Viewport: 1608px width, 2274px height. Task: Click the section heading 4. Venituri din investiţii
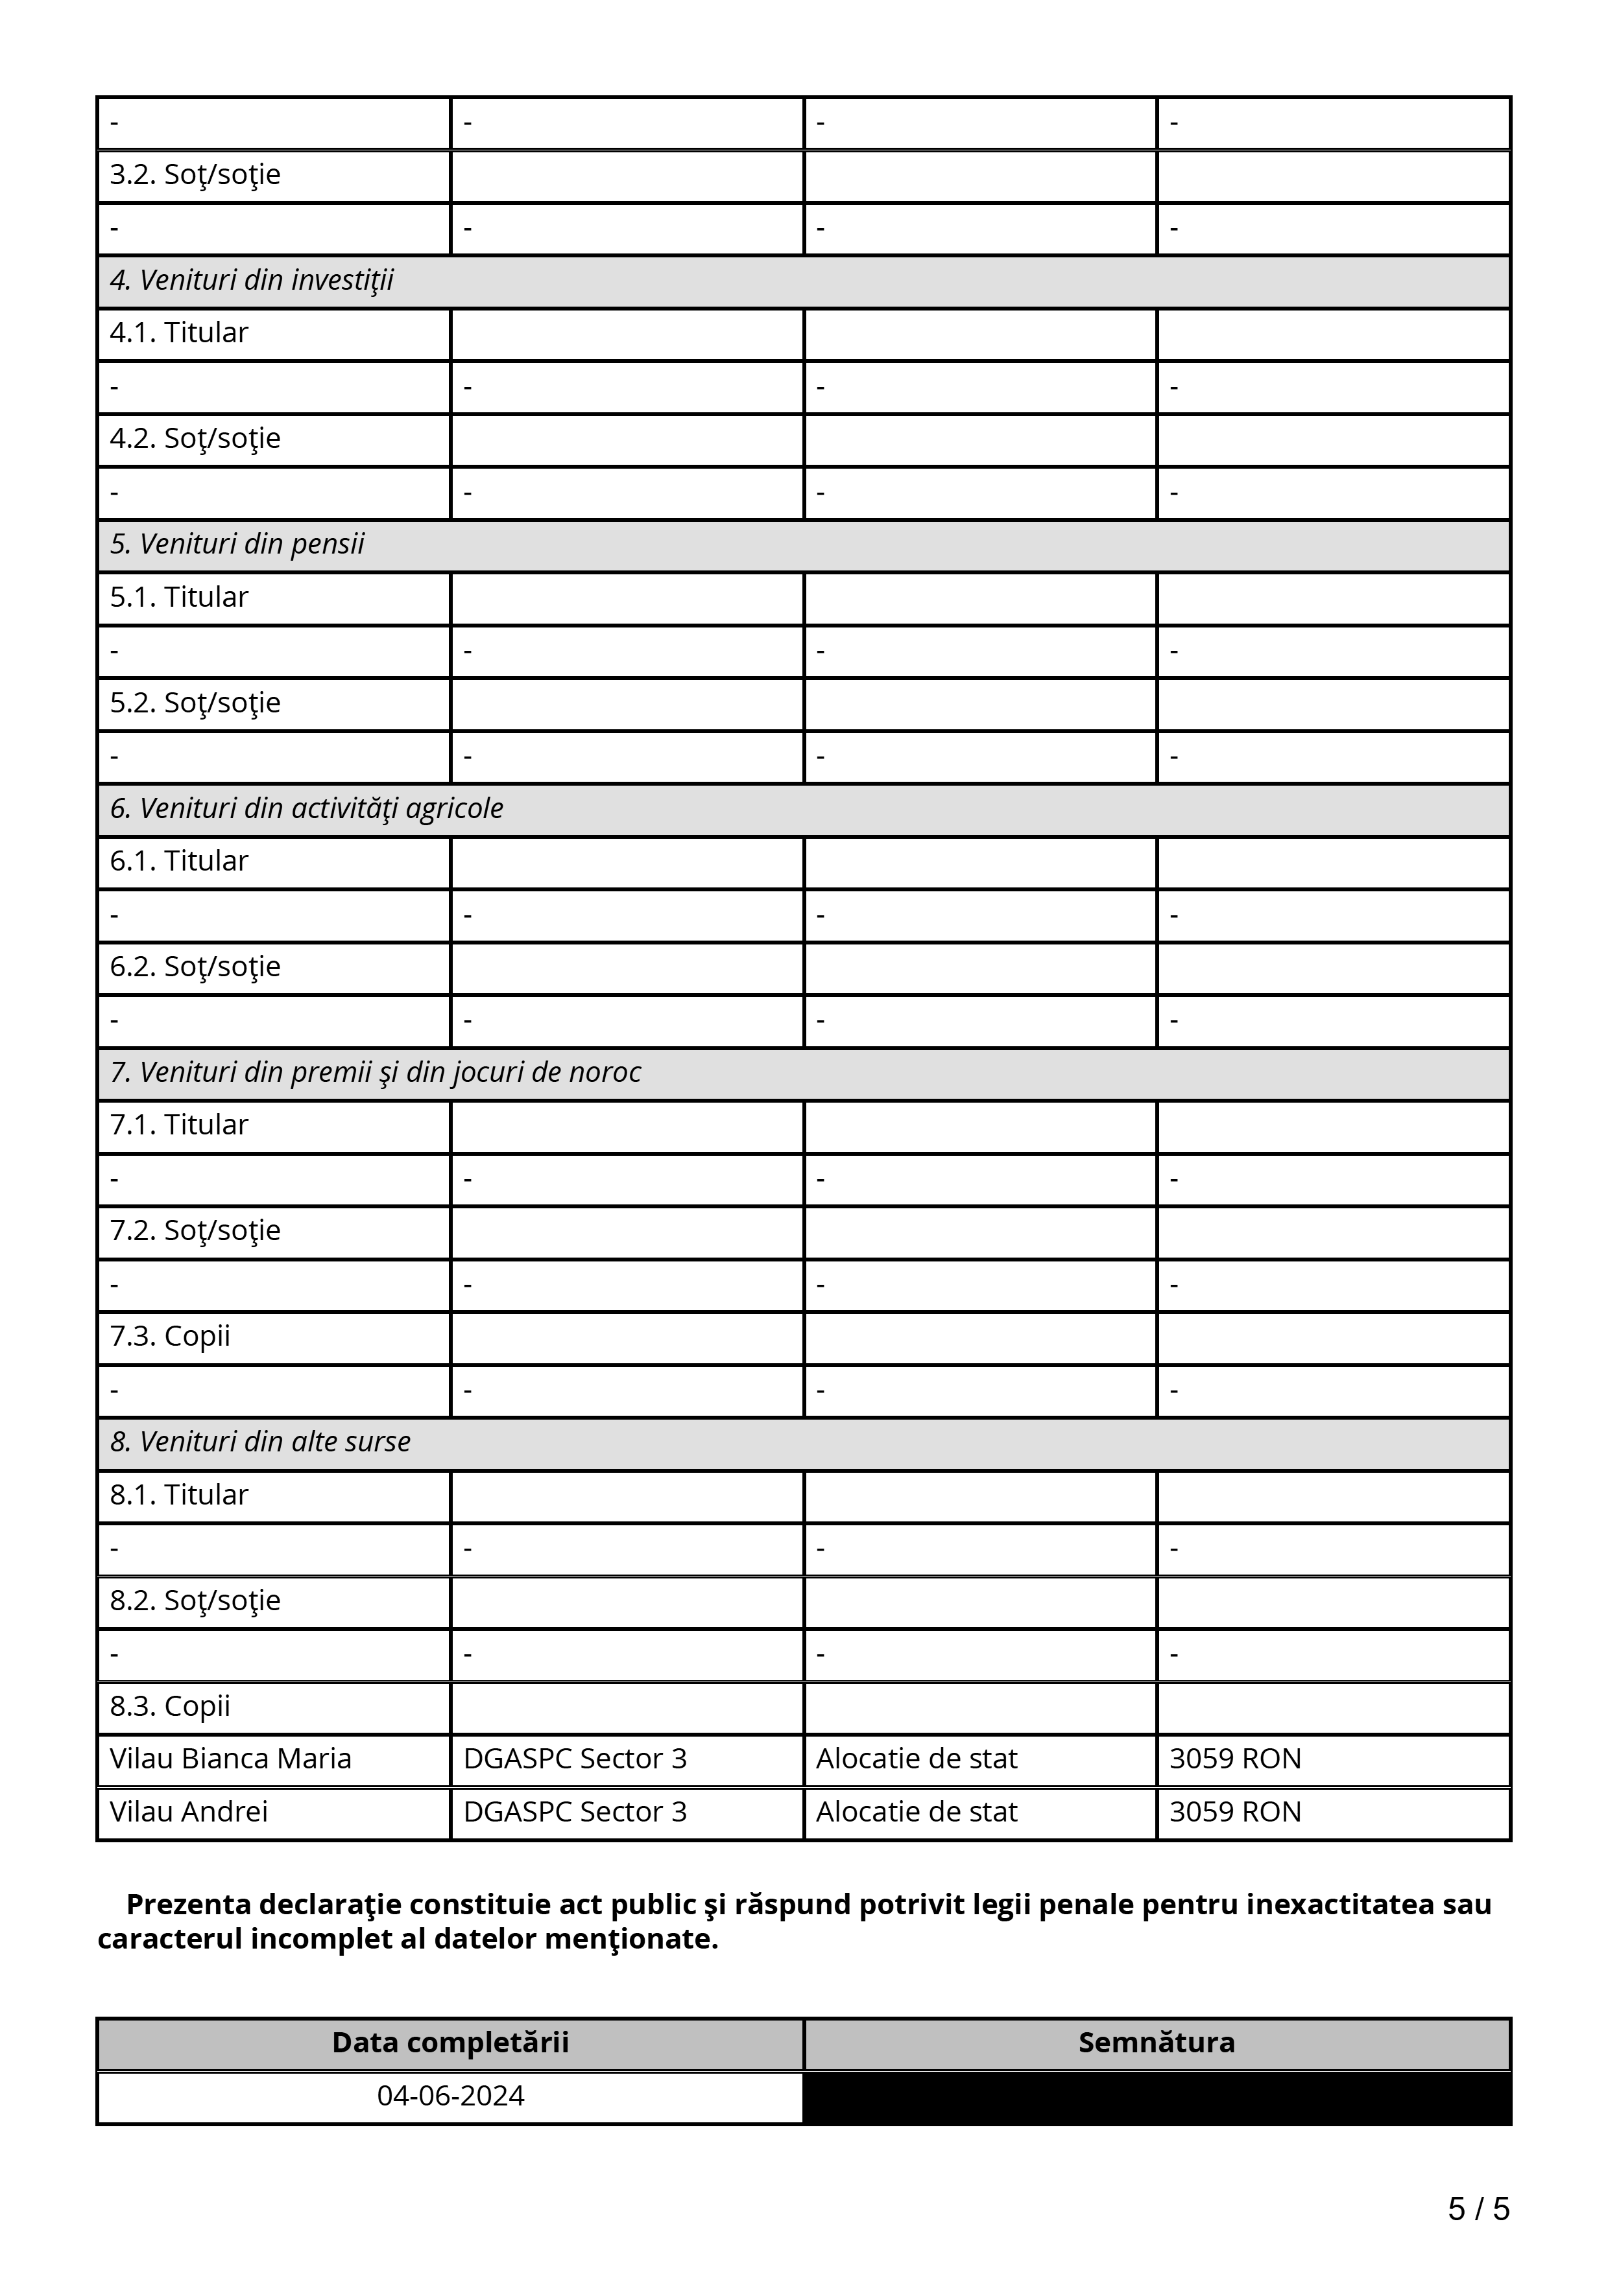coord(252,281)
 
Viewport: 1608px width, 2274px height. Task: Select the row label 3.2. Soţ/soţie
coord(195,175)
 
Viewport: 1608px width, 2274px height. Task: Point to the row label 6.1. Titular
coord(179,862)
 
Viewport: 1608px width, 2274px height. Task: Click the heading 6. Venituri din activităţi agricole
coord(306,809)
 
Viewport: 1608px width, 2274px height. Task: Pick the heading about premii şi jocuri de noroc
coord(376,1073)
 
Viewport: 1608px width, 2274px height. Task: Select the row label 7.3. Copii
coord(171,1337)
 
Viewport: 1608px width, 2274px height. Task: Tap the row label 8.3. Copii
coord(171,1707)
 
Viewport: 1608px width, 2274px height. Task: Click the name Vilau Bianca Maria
coord(231,1759)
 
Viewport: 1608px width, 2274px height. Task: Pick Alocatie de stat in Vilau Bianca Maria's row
coord(917,1759)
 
